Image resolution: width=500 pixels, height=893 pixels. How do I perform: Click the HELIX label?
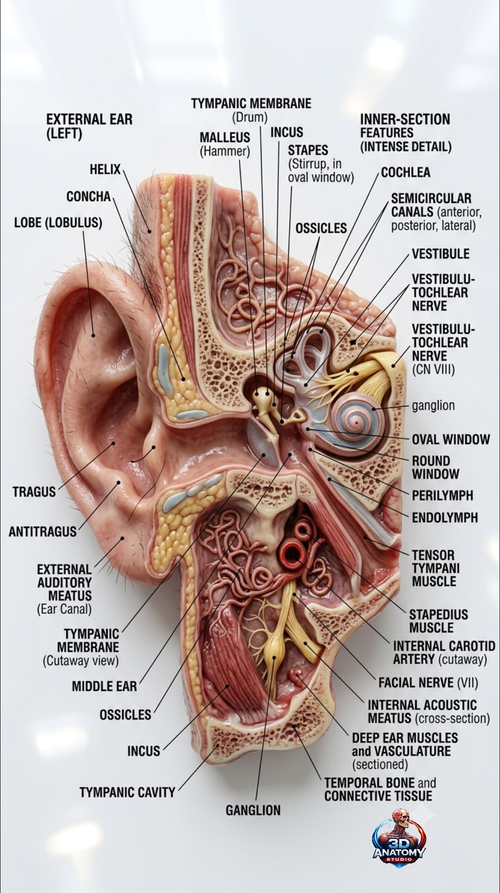click(x=105, y=170)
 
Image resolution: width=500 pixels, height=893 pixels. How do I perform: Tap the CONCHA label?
click(x=89, y=196)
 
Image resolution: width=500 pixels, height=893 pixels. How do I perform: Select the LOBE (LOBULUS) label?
click(x=58, y=223)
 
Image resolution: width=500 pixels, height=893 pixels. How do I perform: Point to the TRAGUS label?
click(x=34, y=491)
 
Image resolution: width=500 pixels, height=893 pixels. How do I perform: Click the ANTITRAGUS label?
click(x=43, y=531)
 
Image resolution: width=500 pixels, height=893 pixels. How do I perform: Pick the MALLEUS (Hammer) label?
click(x=225, y=144)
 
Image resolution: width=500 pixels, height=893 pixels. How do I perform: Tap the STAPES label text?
click(x=308, y=150)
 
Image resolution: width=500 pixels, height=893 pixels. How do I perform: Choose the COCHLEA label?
click(x=406, y=172)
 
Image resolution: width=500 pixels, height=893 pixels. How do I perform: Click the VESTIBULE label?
click(x=441, y=254)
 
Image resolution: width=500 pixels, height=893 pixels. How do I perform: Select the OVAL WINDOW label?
click(x=451, y=439)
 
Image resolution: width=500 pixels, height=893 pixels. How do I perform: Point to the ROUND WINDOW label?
click(x=436, y=467)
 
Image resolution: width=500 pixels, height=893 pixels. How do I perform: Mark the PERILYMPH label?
click(x=442, y=496)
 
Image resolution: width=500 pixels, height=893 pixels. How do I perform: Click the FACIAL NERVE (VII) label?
click(x=428, y=682)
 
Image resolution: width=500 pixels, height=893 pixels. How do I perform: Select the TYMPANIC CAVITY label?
click(x=127, y=792)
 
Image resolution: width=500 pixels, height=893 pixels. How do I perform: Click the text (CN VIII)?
click(x=433, y=369)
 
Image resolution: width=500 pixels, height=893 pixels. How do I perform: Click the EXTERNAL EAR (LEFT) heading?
click(x=89, y=127)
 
